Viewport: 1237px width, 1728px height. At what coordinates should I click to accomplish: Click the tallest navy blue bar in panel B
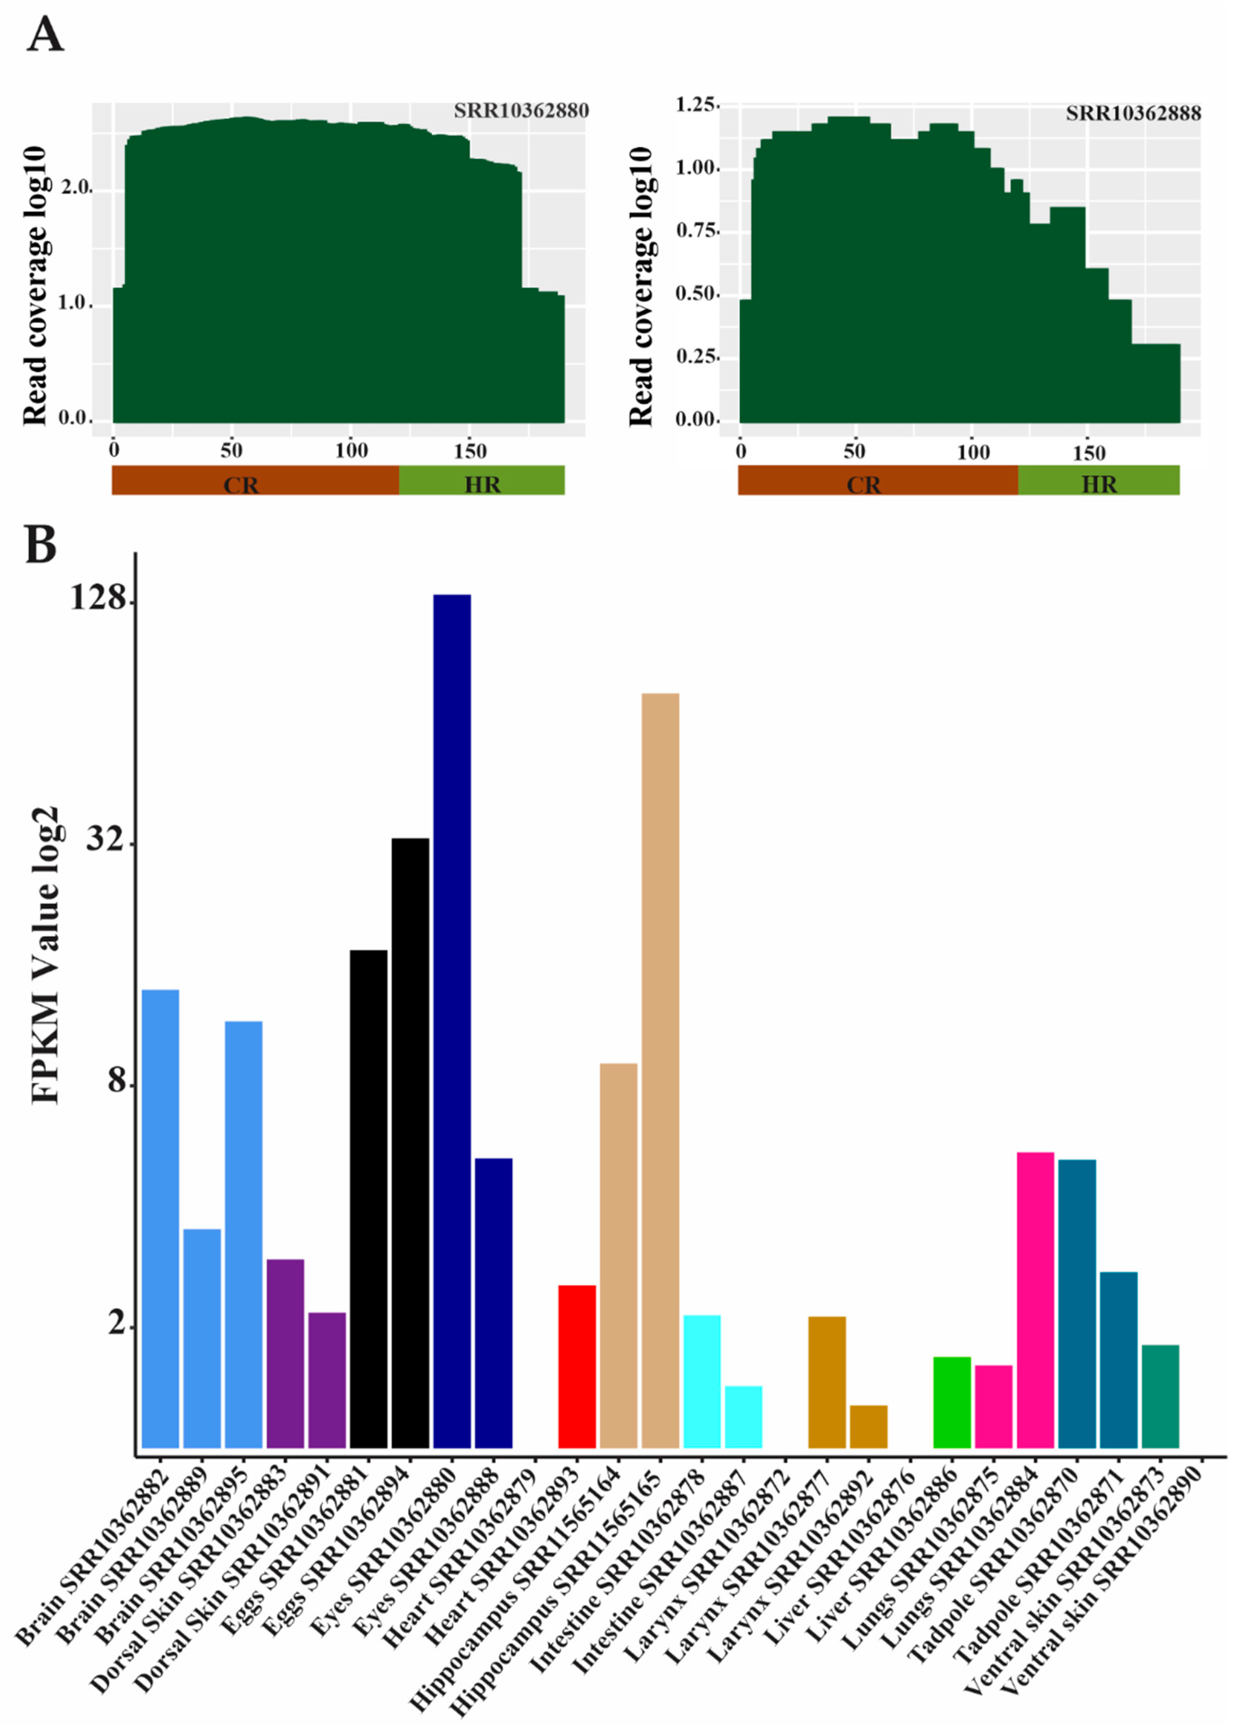click(x=452, y=1021)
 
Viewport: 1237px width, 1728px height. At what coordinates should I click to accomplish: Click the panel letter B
click(x=41, y=544)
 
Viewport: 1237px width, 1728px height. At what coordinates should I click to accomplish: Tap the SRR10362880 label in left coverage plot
click(x=521, y=111)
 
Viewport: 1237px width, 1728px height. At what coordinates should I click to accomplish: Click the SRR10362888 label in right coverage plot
click(x=1133, y=113)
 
